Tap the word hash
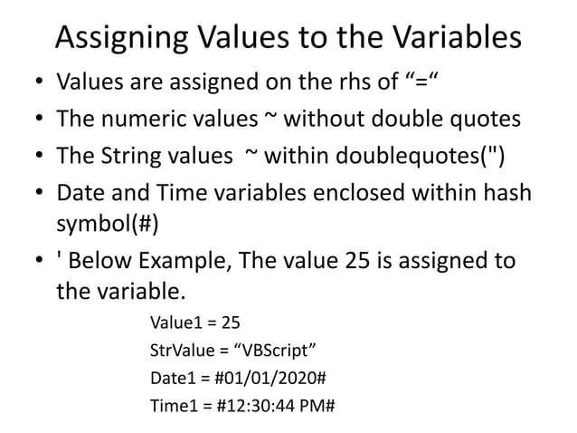pos(512,191)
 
